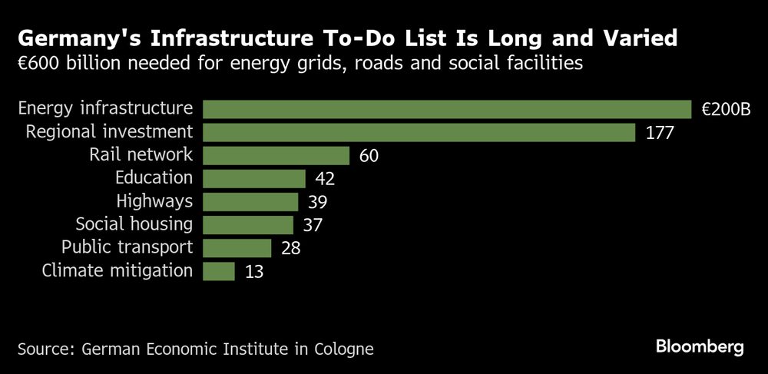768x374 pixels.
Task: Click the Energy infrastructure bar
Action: tap(447, 109)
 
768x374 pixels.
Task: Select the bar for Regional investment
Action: tap(419, 132)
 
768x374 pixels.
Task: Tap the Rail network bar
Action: tap(276, 155)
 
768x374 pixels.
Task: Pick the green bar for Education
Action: tap(253, 178)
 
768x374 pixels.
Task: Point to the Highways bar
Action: tap(250, 201)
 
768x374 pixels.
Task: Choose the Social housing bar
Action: tap(247, 224)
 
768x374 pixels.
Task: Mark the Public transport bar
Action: tap(237, 247)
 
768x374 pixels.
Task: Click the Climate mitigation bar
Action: tap(219, 270)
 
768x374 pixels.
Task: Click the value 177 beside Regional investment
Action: tap(659, 133)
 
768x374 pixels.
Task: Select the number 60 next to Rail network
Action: tap(369, 156)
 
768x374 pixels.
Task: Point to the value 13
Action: tap(254, 271)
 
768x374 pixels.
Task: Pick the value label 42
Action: tap(325, 179)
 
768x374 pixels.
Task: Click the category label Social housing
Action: tap(134, 224)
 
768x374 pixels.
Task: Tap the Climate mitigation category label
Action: tap(118, 270)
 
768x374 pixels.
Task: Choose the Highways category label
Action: tap(154, 201)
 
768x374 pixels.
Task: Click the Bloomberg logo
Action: tap(700, 347)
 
